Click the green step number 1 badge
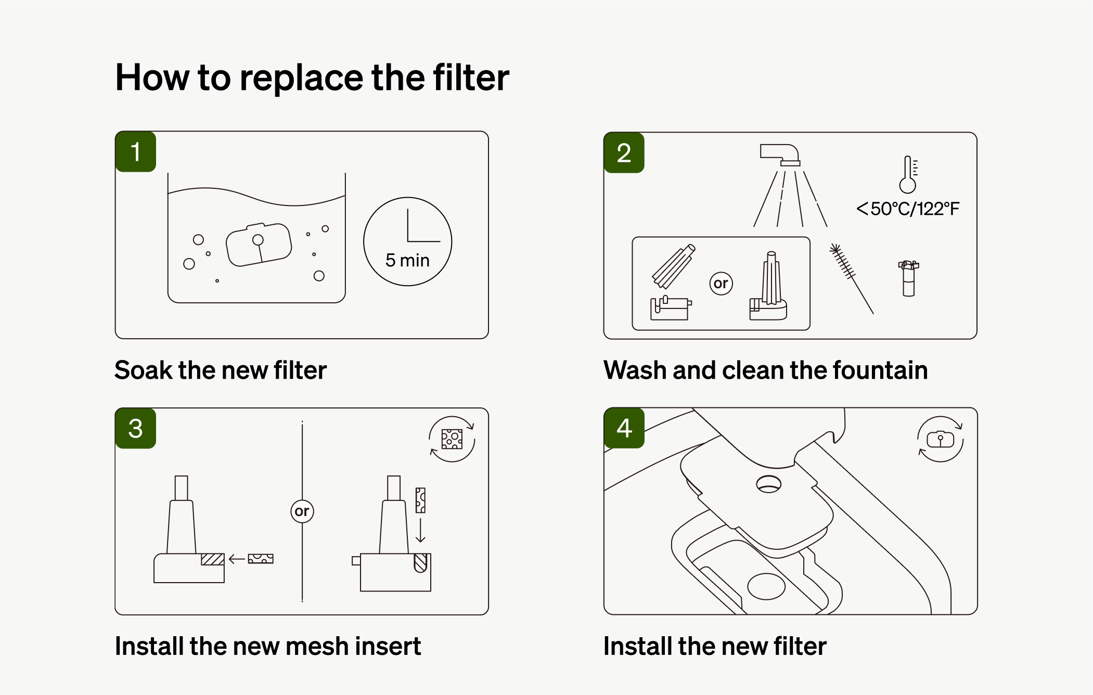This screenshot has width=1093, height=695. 136,151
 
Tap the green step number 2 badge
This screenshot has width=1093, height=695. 624,152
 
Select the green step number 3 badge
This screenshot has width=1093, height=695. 136,428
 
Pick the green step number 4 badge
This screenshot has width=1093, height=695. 624,428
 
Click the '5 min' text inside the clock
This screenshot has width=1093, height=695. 407,260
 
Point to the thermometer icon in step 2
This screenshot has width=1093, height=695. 908,174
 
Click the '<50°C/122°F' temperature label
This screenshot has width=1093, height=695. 908,209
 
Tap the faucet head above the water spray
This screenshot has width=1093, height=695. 780,155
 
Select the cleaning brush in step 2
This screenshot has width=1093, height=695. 851,278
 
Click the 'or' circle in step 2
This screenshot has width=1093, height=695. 721,284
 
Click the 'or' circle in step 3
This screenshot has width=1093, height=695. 302,511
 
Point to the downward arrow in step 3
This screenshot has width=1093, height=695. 420,530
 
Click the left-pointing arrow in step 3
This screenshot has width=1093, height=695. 237,559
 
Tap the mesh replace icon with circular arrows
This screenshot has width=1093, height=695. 452,439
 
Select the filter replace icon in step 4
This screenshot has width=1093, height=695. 940,440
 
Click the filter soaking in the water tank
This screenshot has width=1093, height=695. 259,244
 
